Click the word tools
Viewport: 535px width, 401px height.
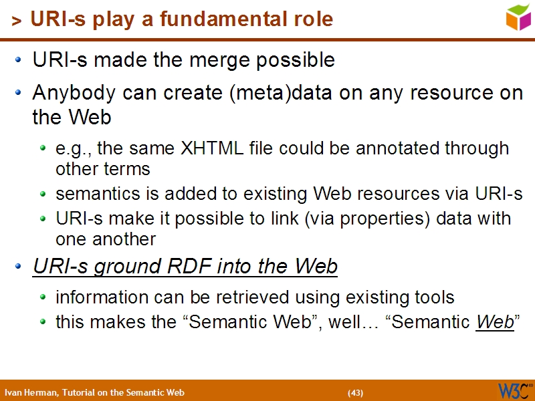click(x=433, y=297)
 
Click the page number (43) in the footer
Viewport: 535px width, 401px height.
click(x=355, y=392)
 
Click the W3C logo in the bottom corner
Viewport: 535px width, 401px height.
click(x=514, y=390)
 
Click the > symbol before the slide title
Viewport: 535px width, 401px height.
click(x=17, y=21)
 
